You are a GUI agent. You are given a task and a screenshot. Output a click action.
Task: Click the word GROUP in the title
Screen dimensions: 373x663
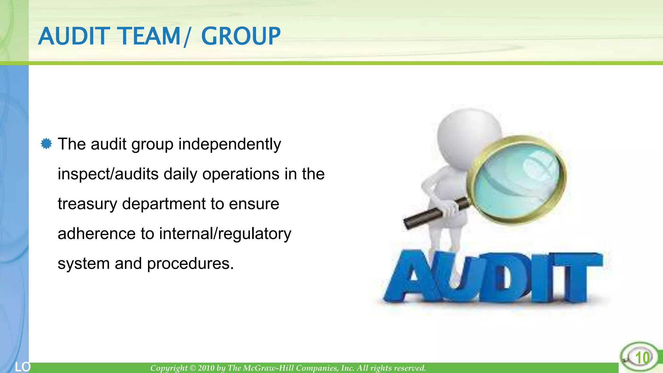coord(241,36)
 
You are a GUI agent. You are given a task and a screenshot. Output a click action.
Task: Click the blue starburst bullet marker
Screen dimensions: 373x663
coord(46,144)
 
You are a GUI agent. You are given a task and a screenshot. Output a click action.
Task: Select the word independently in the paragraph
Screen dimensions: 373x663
coord(230,144)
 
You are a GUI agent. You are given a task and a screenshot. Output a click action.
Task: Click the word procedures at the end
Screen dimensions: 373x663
coord(190,264)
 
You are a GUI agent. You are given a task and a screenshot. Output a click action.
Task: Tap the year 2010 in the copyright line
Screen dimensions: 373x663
coord(206,368)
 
